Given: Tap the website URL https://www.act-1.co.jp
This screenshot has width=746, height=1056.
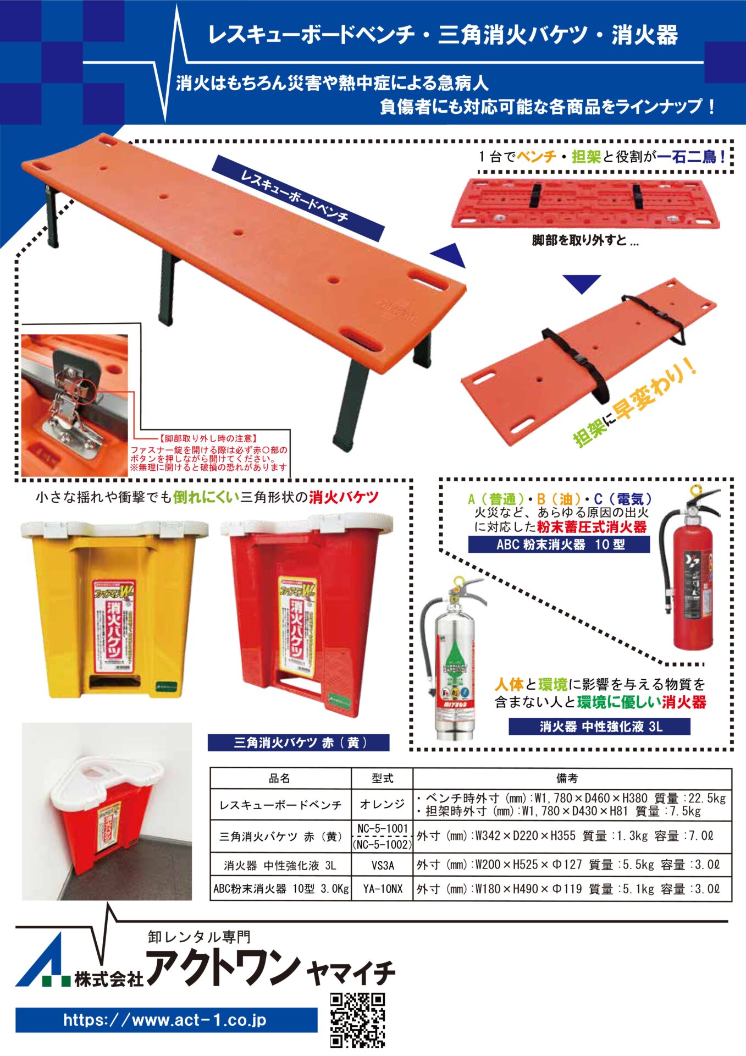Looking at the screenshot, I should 165,1020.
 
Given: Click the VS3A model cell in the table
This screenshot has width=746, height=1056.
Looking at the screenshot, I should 383,865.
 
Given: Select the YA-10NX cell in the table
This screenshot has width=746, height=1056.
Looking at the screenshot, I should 383,889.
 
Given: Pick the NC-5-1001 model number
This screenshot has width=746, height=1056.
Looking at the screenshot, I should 383,828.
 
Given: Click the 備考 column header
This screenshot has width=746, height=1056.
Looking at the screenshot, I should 567,778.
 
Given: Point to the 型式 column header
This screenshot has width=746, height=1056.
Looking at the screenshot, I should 383,778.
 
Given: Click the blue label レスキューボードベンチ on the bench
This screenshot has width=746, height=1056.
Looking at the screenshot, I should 297,198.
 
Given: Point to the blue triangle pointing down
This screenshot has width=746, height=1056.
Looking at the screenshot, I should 582,283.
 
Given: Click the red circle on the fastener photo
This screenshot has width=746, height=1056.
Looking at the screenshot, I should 85,391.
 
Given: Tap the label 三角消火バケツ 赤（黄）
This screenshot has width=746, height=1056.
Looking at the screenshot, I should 298,743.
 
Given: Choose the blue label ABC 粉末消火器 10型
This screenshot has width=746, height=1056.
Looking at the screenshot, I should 559,544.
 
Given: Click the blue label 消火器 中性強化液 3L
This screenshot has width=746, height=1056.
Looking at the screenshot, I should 599,726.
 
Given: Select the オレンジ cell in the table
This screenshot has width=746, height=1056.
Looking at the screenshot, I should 383,804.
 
